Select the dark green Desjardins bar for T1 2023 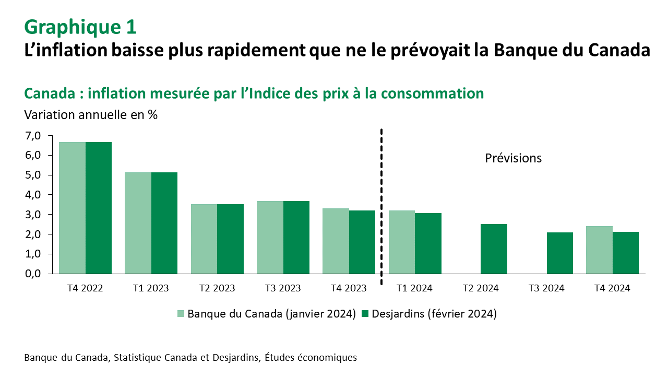click(x=164, y=223)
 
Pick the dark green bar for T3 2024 click(x=560, y=253)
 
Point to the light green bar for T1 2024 click(x=401, y=242)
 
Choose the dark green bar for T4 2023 click(x=362, y=242)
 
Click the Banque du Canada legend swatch click(x=181, y=314)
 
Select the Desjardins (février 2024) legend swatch click(x=365, y=314)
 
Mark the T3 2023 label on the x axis click(x=283, y=288)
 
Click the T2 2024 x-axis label click(x=481, y=288)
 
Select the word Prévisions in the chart click(x=514, y=158)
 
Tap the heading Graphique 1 click(x=80, y=27)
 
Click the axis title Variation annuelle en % click(x=91, y=114)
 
